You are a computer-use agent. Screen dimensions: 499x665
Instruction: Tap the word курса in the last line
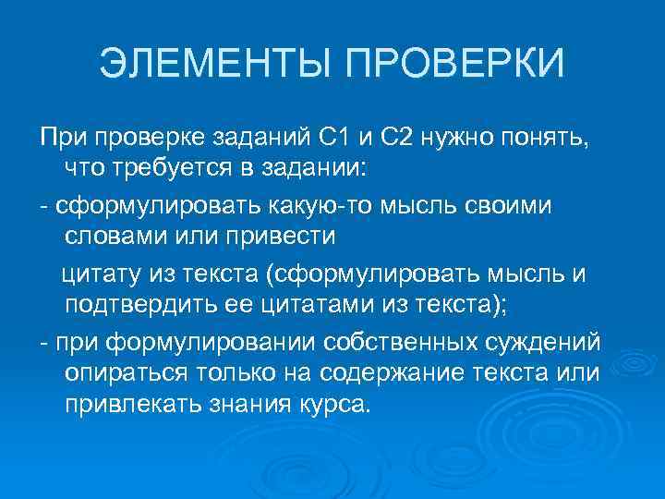332,404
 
